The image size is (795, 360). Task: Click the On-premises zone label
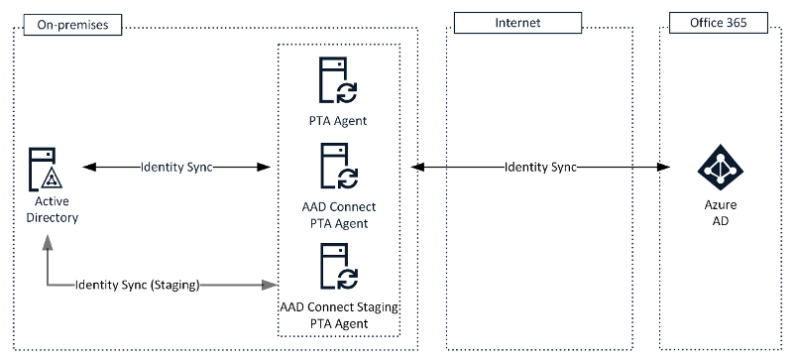[66, 23]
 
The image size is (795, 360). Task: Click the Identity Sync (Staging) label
[138, 286]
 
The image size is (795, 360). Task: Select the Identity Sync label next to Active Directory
[176, 167]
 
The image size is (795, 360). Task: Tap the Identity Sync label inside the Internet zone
[540, 167]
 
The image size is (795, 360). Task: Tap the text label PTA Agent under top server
[338, 121]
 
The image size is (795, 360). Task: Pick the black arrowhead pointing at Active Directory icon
[86, 167]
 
